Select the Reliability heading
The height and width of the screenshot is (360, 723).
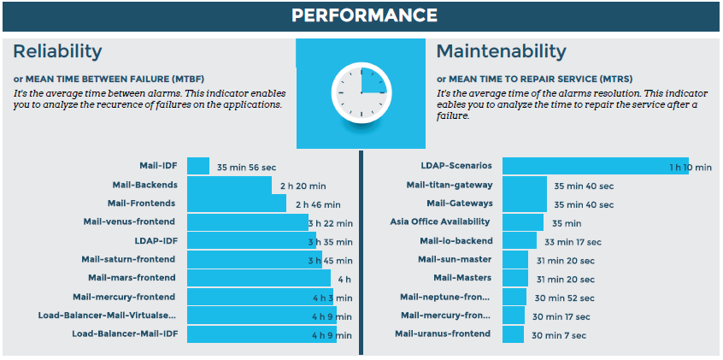point(57,51)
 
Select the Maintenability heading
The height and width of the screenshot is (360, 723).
point(501,51)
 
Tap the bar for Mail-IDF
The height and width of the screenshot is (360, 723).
point(197,166)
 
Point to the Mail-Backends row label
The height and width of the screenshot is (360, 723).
point(144,185)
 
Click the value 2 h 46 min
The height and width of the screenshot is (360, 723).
point(318,204)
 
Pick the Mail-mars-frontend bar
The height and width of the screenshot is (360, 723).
point(258,278)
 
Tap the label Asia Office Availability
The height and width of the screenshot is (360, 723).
point(441,222)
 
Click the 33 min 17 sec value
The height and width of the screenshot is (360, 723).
point(573,242)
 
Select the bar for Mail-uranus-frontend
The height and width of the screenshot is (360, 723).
point(513,333)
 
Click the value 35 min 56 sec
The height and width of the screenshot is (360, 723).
point(246,168)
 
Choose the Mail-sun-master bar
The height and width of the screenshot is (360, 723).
point(515,260)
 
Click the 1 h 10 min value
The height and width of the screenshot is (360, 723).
point(690,168)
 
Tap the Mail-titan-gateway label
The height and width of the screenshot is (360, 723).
point(450,185)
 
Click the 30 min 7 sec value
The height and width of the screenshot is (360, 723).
point(558,335)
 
